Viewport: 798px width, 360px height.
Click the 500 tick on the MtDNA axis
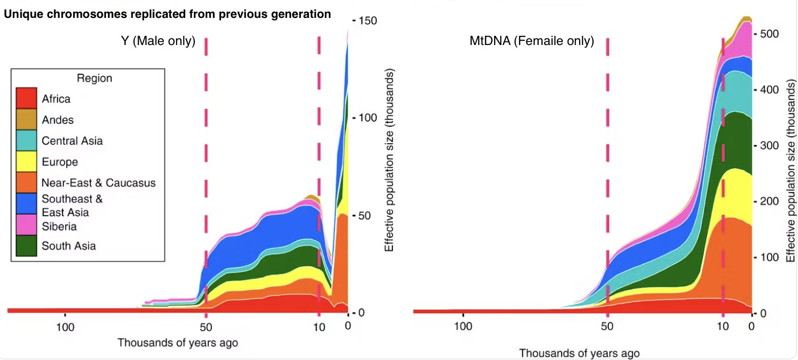[767, 34]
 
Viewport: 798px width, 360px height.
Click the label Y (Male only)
[155, 41]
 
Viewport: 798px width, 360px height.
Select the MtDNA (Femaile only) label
[531, 41]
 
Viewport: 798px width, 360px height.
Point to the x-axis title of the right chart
[579, 352]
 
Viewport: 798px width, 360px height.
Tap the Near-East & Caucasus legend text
[99, 183]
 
